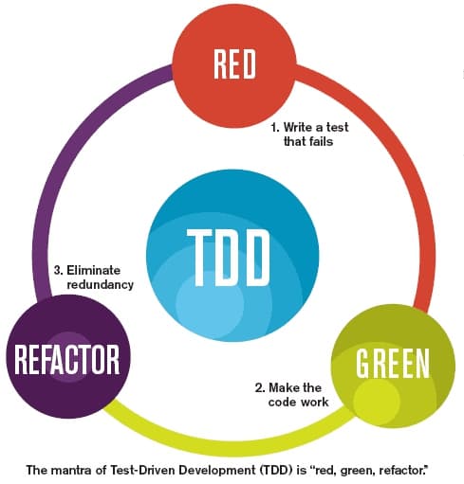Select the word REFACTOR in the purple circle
pos(65,361)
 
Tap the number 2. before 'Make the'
pos(259,387)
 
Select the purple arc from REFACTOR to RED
pos(57,161)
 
